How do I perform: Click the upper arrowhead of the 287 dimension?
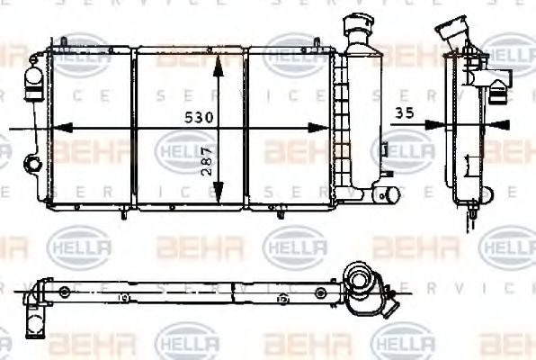pyautogui.click(x=219, y=61)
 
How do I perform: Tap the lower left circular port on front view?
pyautogui.click(x=32, y=164)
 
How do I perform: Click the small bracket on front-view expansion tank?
pyautogui.click(x=383, y=148)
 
